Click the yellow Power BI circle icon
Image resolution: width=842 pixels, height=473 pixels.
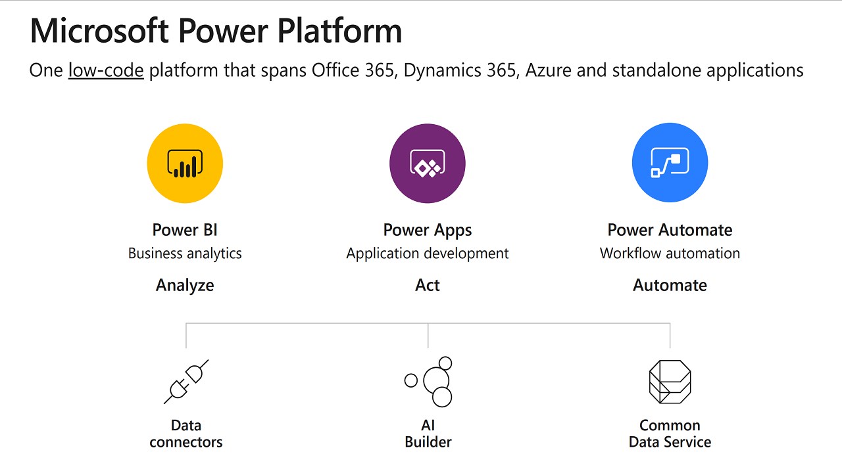click(x=185, y=164)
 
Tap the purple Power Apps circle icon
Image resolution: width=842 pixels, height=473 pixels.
click(x=428, y=164)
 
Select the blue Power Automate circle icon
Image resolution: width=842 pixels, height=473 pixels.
click(x=670, y=162)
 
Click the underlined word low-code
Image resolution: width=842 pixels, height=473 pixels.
click(x=106, y=70)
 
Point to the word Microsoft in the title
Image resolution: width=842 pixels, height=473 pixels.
click(x=99, y=31)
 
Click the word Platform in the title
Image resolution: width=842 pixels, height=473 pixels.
click(x=340, y=31)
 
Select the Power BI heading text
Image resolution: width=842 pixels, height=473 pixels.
click(x=185, y=230)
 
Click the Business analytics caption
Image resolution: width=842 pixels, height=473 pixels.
click(x=185, y=254)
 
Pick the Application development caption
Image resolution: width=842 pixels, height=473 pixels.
click(x=428, y=254)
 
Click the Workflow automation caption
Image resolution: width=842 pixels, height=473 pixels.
click(x=670, y=254)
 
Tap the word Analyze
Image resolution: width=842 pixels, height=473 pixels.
click(x=185, y=286)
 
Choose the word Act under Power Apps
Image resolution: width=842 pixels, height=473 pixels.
click(x=428, y=285)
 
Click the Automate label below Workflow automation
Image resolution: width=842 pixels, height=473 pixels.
click(x=670, y=285)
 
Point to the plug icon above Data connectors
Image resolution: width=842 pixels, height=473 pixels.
click(x=186, y=382)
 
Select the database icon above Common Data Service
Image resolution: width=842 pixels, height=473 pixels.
click(x=670, y=382)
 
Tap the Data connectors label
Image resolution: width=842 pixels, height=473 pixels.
click(x=186, y=434)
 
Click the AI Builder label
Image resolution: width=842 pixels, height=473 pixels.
click(x=428, y=434)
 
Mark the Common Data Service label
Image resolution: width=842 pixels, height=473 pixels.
click(x=670, y=434)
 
